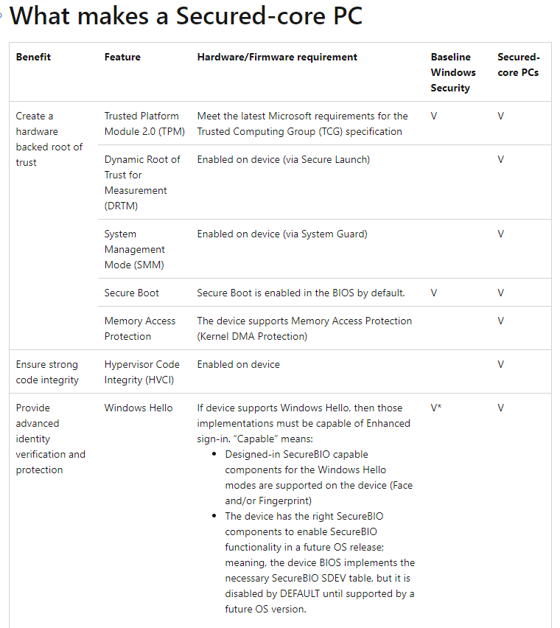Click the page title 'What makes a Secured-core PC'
186,16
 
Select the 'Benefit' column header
33,57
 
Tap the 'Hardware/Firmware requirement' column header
277,57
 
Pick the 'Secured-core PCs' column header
518,65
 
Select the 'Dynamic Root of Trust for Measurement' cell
142,182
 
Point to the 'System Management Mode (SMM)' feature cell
134,249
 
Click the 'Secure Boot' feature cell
131,293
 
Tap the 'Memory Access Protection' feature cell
139,329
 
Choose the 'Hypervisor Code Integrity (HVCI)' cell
141,372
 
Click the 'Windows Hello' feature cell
139,408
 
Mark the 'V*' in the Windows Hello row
436,408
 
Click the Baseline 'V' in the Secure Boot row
434,293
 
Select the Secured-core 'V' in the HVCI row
501,364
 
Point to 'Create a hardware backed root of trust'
49,139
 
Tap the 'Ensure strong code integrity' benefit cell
46,372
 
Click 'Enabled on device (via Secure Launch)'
283,159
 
